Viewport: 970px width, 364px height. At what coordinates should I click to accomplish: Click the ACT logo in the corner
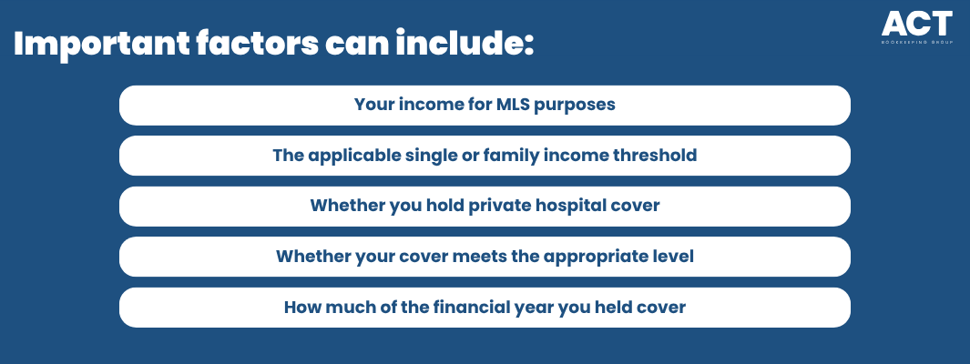click(x=917, y=28)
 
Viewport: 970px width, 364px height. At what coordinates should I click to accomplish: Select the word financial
click(x=477, y=308)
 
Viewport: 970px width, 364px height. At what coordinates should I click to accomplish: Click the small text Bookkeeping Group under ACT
click(x=917, y=44)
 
